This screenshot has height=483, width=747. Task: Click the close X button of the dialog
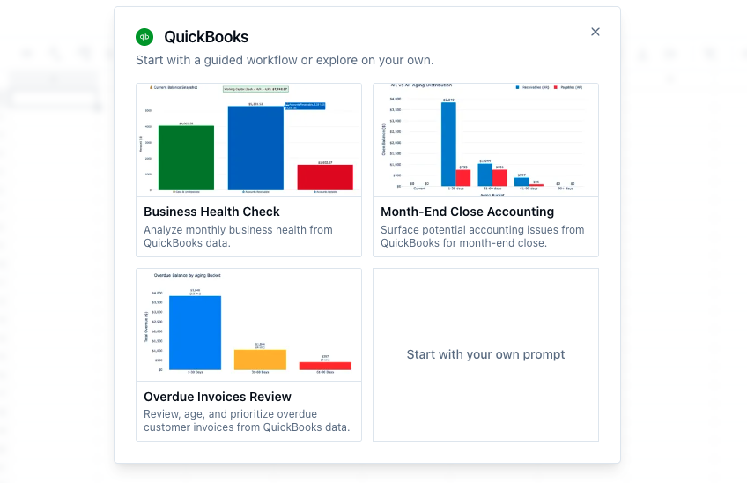pyautogui.click(x=595, y=32)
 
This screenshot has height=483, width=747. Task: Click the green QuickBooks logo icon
pyautogui.click(x=144, y=37)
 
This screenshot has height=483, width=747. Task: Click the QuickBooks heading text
pyautogui.click(x=206, y=37)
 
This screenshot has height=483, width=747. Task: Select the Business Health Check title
pyautogui.click(x=211, y=212)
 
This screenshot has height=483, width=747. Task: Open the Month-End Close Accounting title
pyautogui.click(x=467, y=212)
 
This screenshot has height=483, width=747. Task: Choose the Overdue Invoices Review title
pyautogui.click(x=218, y=397)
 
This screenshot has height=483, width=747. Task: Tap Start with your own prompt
pyautogui.click(x=485, y=354)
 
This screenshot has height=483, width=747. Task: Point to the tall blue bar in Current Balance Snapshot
pyautogui.click(x=255, y=147)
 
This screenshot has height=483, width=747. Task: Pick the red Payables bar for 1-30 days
pyautogui.click(x=462, y=177)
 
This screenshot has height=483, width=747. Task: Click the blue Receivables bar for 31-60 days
pyautogui.click(x=484, y=174)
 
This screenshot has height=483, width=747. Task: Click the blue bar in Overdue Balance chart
pyautogui.click(x=196, y=332)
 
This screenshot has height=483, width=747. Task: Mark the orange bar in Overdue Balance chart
pyautogui.click(x=260, y=359)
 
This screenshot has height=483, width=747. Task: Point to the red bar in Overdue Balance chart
pyautogui.click(x=325, y=365)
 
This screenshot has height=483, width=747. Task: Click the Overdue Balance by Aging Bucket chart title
pyautogui.click(x=187, y=275)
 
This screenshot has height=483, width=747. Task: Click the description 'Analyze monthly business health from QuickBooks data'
pyautogui.click(x=238, y=236)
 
